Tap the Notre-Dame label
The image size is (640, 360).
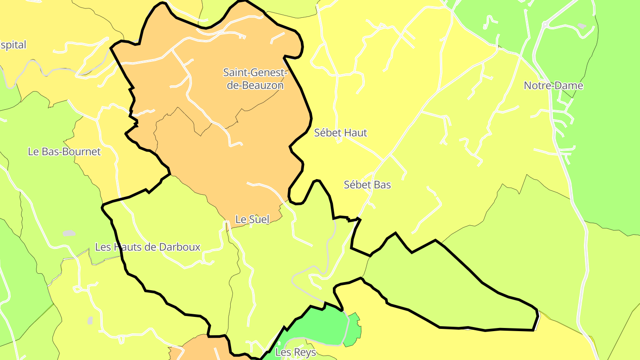click(x=553, y=85)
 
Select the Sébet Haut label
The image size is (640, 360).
click(x=341, y=132)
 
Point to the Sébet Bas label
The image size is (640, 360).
click(x=368, y=184)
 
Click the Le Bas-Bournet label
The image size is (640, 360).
click(x=64, y=152)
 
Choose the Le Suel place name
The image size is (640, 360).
click(x=252, y=219)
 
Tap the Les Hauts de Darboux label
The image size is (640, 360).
click(x=148, y=247)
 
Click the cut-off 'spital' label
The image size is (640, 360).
click(x=13, y=45)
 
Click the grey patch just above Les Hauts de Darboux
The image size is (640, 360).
click(x=69, y=233)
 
